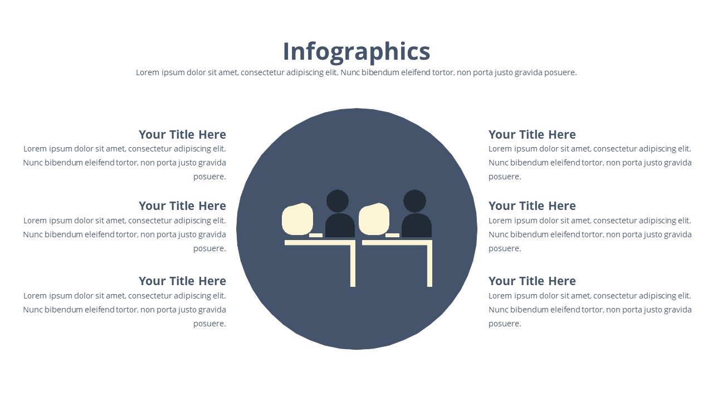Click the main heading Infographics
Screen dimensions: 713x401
[x=356, y=52]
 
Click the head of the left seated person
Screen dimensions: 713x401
[x=338, y=201]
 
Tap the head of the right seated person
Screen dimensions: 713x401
[x=414, y=201]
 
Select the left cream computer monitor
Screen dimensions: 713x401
[x=297, y=219]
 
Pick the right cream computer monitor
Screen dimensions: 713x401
[x=374, y=219]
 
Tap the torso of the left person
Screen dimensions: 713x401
[x=340, y=226]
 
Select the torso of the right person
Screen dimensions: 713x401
[x=417, y=226]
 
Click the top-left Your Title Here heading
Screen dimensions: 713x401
[x=182, y=135]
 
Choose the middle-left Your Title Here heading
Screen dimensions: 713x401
[x=182, y=206]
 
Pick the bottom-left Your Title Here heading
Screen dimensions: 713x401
[x=182, y=281]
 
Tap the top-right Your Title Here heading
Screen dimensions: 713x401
[x=532, y=135]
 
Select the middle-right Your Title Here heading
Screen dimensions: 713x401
[x=532, y=206]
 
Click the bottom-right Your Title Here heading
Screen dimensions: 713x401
[x=532, y=281]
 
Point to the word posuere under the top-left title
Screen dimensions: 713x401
[x=209, y=177]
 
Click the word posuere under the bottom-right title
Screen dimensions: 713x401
[x=505, y=324]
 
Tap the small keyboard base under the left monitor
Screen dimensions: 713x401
[x=316, y=235]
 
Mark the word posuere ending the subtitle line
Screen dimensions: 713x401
[x=560, y=73]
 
